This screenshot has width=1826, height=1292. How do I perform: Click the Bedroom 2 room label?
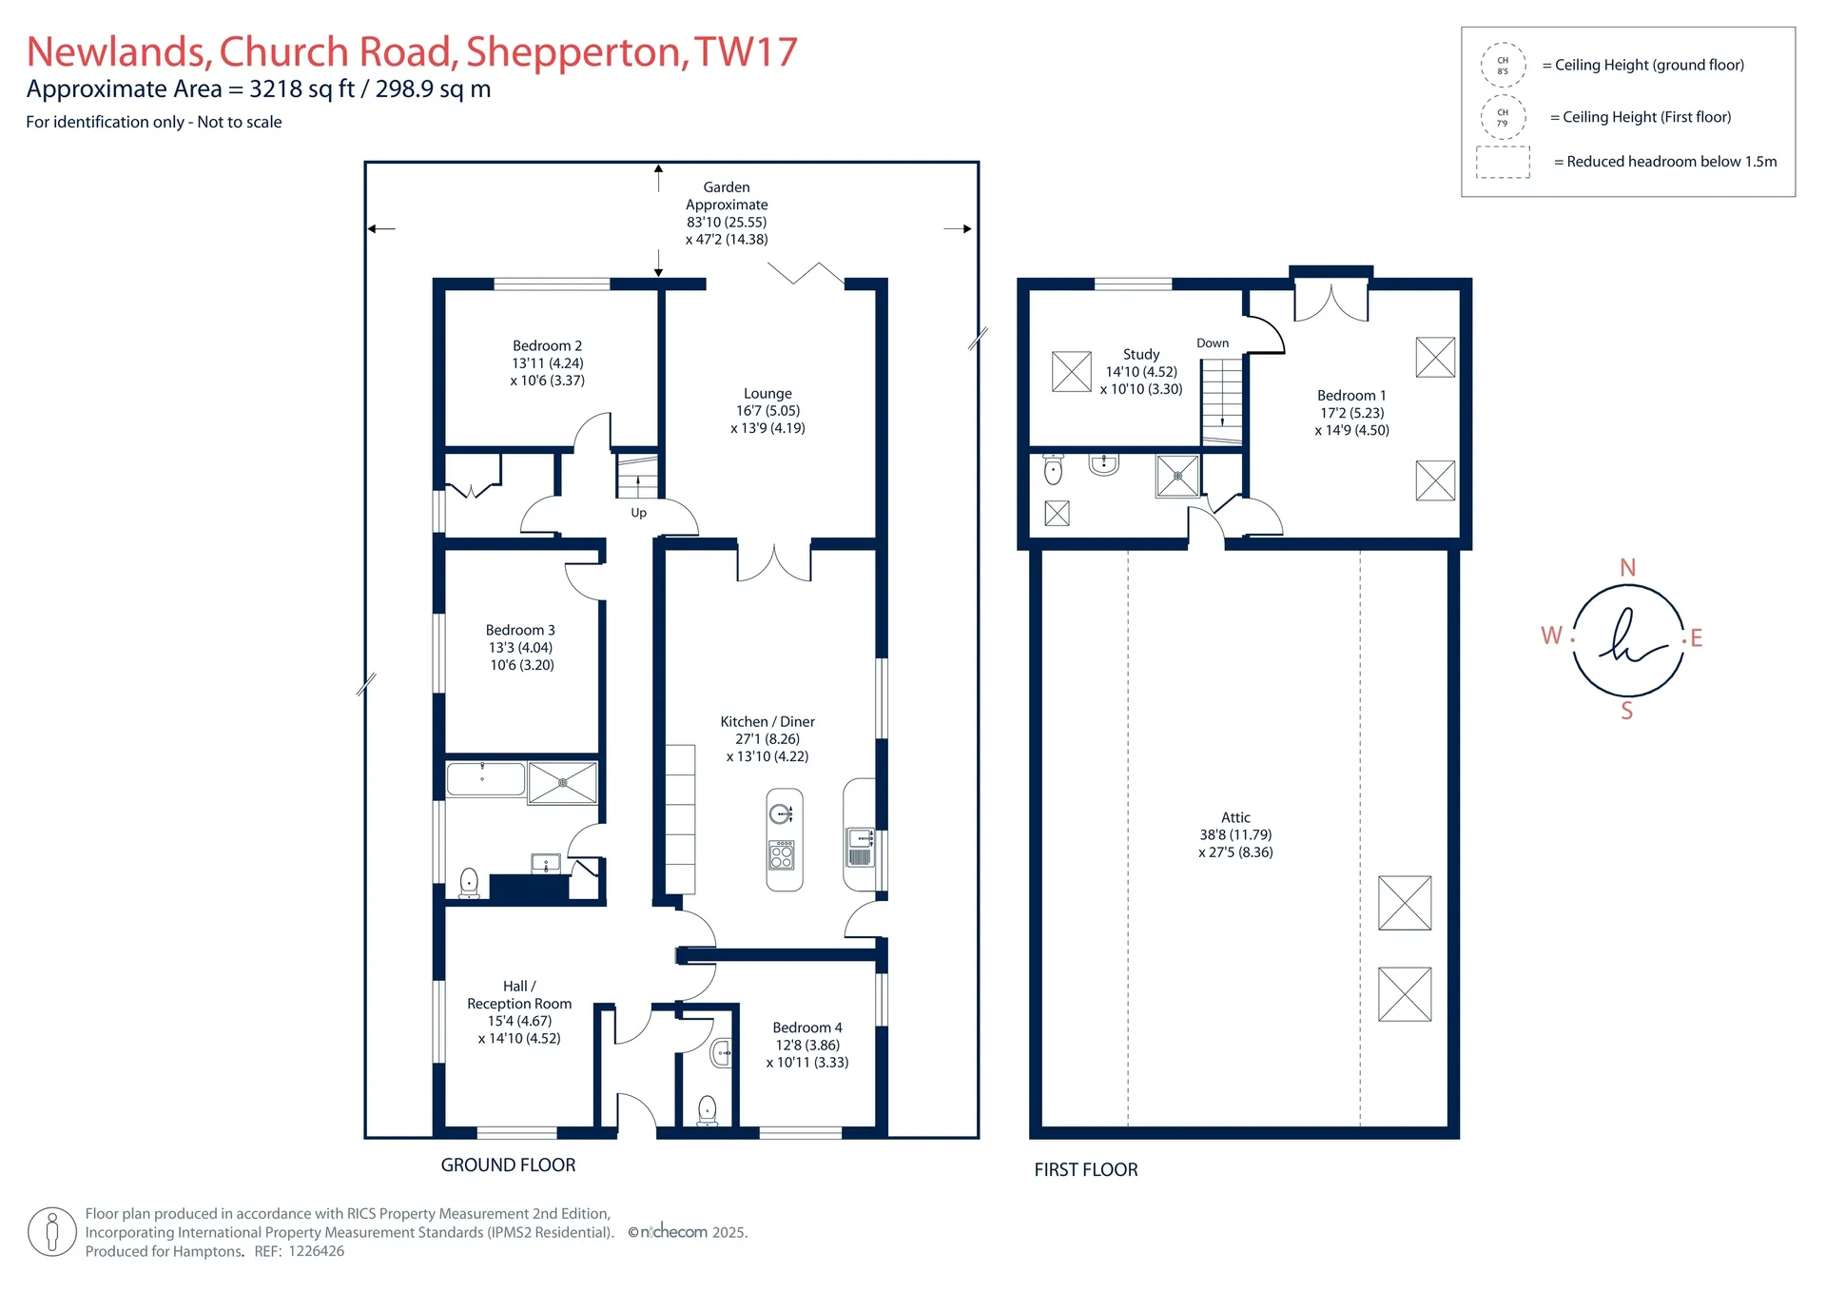pos(547,346)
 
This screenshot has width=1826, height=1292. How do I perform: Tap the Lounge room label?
pos(767,394)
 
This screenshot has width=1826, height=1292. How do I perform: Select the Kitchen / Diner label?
pos(767,722)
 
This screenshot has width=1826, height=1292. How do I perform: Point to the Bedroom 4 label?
pos(807,1028)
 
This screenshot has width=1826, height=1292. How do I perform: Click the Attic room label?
pos(1235,817)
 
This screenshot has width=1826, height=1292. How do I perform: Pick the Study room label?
pos(1141,354)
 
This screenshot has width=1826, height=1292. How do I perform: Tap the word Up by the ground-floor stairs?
pos(638,513)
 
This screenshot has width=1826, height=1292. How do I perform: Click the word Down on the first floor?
pos(1213,343)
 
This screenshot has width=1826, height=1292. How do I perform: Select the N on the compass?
pos(1628,568)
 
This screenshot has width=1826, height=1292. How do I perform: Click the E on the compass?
pos(1696,638)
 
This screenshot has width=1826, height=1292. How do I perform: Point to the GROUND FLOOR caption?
pos(508,1165)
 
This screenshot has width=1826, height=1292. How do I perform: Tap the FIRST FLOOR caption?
pos(1086,1170)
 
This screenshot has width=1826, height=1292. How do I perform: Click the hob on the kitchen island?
pos(782,854)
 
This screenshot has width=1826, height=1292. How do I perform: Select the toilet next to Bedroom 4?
pos(708,1110)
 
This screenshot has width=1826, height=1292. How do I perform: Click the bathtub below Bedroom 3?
pos(486,780)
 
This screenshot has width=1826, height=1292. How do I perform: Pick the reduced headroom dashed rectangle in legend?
pos(1503,163)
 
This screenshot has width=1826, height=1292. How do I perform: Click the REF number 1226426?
pos(317,1251)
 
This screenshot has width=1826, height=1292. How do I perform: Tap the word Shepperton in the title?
pos(577,53)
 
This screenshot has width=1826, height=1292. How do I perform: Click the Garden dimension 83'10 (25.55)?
pos(727,223)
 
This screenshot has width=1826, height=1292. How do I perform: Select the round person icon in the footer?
pos(52,1232)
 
